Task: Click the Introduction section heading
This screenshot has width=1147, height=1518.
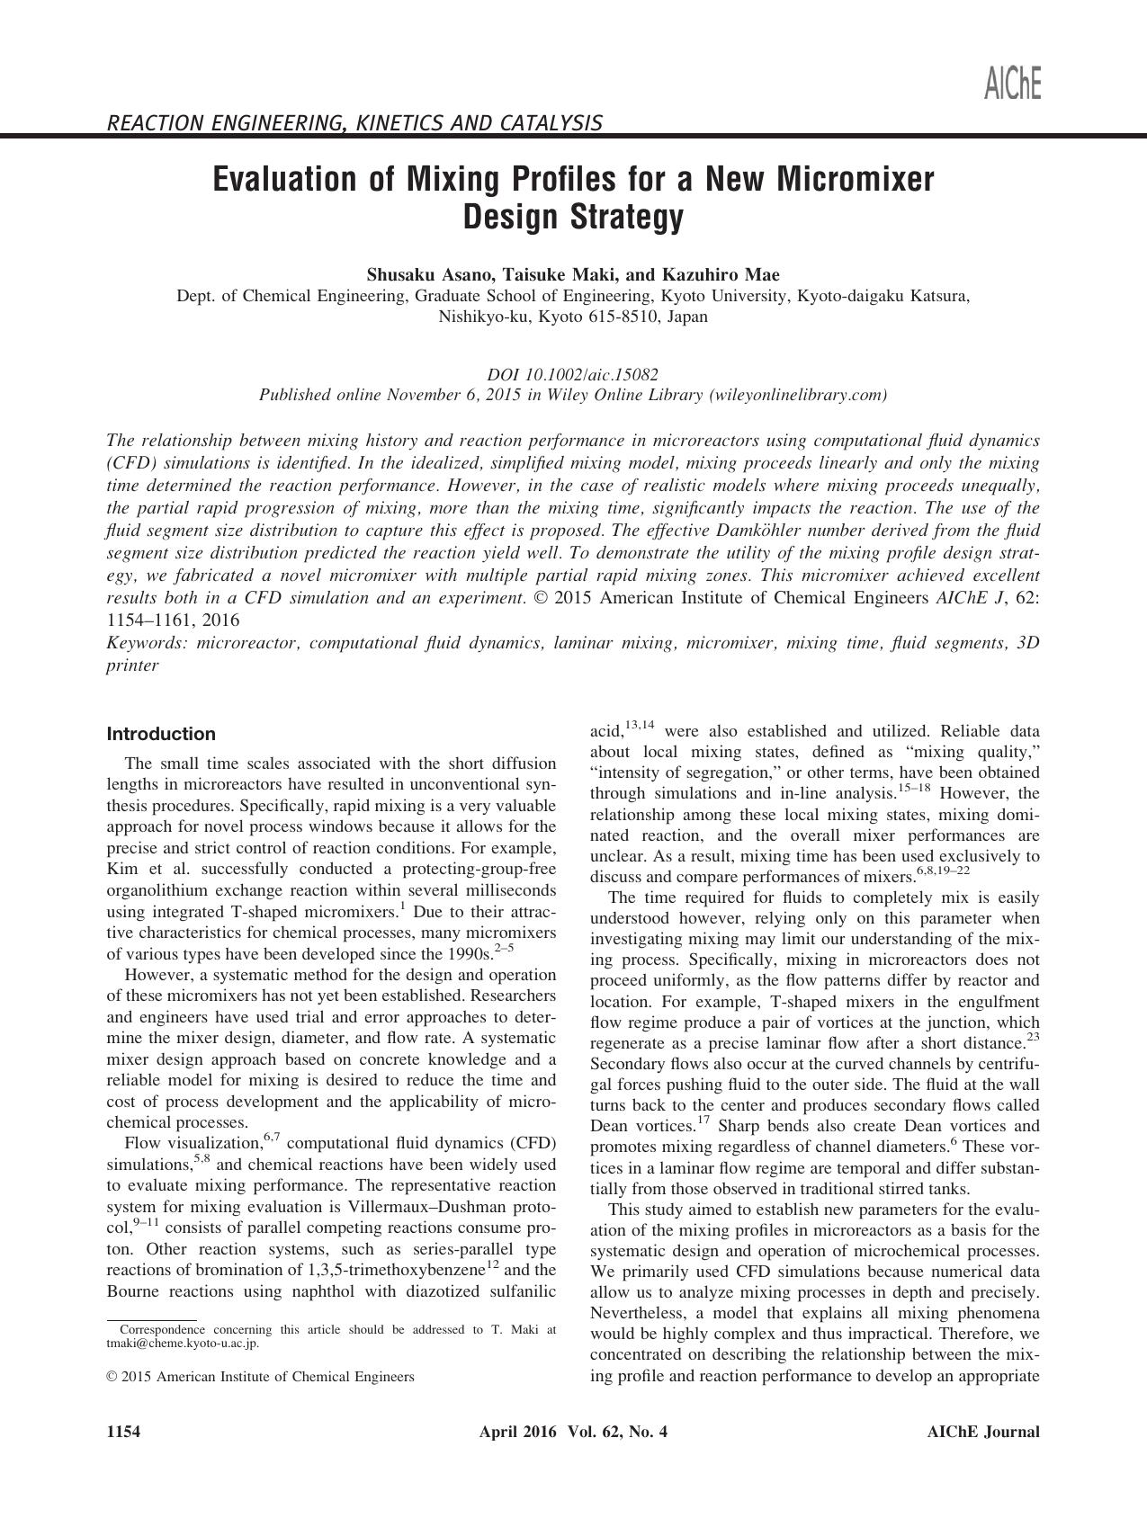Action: [x=161, y=734]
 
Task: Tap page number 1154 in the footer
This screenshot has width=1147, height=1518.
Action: [x=122, y=1433]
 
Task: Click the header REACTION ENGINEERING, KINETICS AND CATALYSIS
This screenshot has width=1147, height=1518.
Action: [x=354, y=123]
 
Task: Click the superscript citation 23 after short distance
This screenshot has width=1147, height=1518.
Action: [x=1033, y=1037]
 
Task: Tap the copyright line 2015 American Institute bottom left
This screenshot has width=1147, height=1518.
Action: [x=261, y=1376]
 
